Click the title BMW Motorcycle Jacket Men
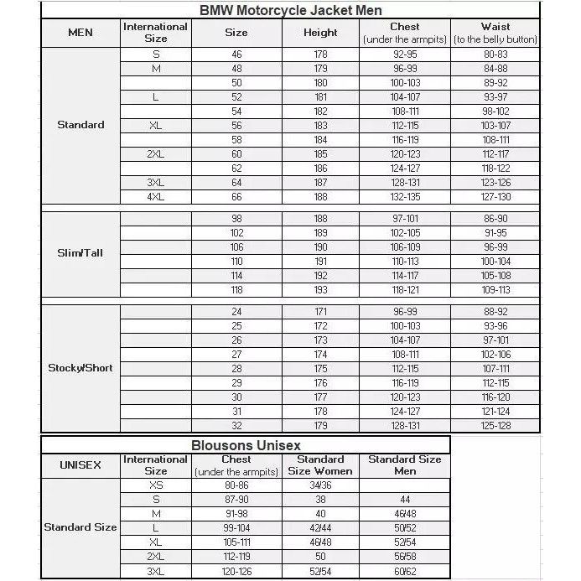(291, 11)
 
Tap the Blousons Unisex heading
(246, 445)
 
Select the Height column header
(320, 33)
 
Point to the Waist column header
(495, 33)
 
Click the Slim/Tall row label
(80, 252)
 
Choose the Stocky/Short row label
(80, 368)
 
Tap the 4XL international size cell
(155, 197)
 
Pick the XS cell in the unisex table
(156, 485)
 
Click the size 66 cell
(236, 197)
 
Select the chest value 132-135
(405, 197)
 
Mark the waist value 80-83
(495, 54)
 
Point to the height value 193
(320, 290)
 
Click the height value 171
(320, 311)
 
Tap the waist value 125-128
(495, 425)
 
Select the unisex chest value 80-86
(236, 485)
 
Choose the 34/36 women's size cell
(320, 485)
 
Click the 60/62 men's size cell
(404, 571)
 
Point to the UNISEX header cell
(80, 465)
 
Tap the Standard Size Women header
(320, 465)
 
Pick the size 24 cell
(236, 311)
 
